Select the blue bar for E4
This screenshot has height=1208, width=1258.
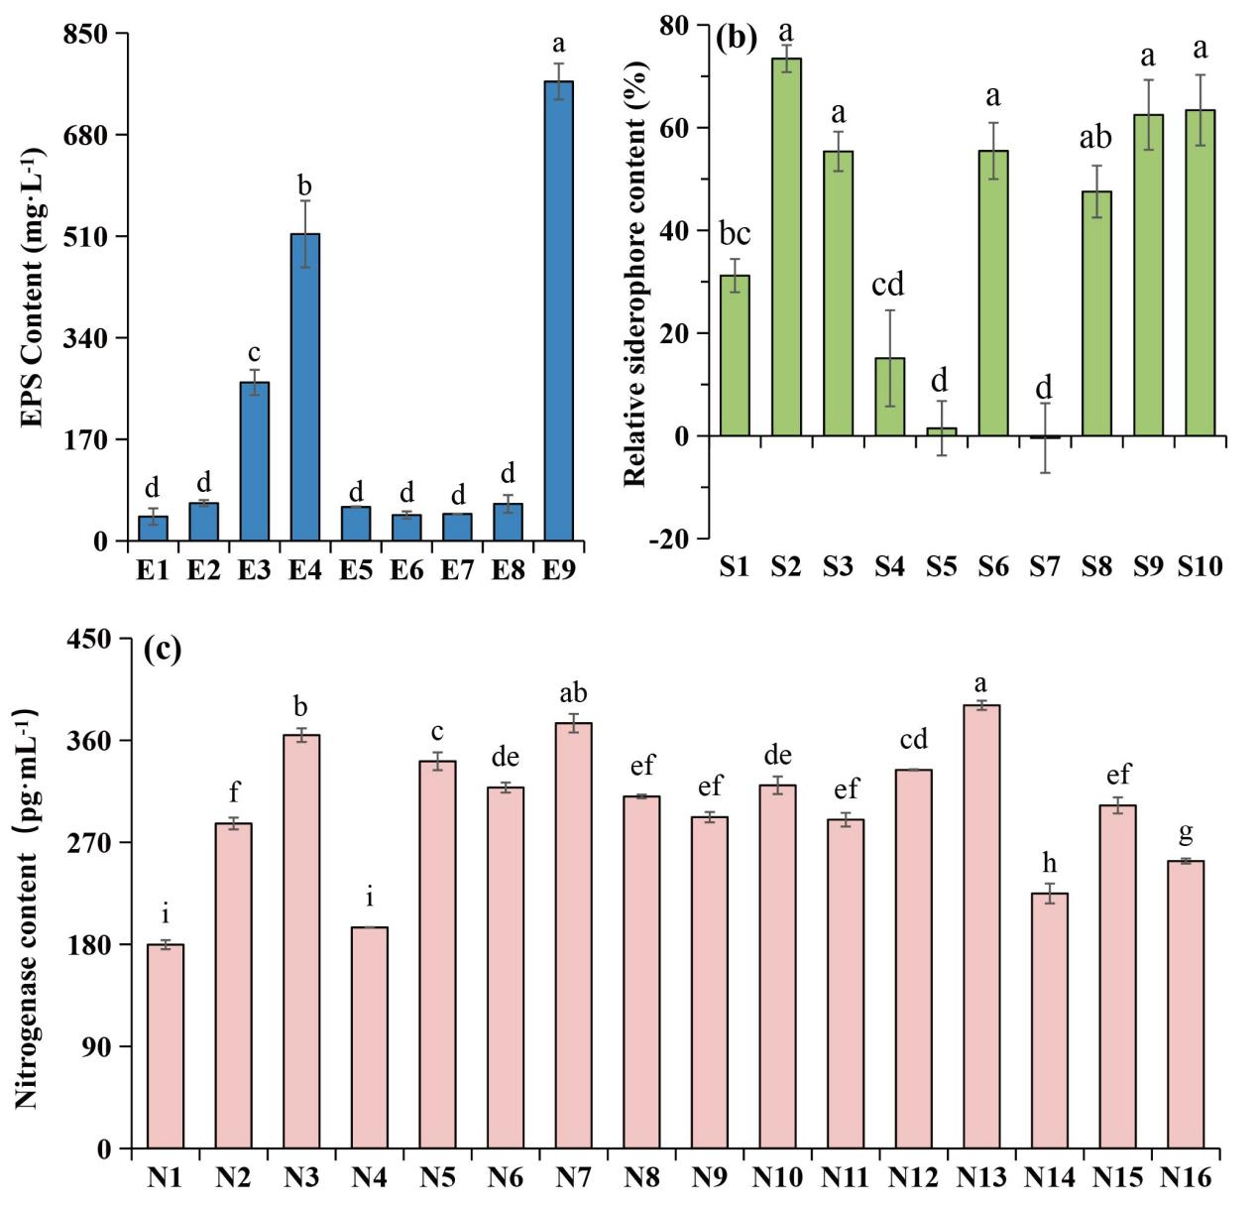tap(304, 387)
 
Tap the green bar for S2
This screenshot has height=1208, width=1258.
tap(786, 247)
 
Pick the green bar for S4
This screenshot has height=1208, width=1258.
tap(889, 397)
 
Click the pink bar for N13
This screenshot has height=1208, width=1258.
tap(981, 926)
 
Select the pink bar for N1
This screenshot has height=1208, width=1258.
tap(166, 1046)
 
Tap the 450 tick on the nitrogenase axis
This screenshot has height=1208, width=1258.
tap(96, 640)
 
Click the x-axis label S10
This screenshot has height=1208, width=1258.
tap(1200, 567)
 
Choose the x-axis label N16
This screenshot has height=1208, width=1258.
tap(1187, 1178)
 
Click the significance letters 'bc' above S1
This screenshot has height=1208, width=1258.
tap(735, 234)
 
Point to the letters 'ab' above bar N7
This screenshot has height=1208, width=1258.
tap(573, 693)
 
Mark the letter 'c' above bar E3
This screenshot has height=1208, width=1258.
tap(254, 353)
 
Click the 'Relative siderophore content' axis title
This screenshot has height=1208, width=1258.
tap(635, 273)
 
